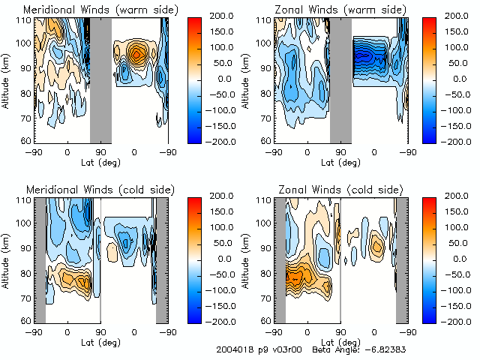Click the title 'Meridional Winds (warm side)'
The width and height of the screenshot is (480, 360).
[100, 10]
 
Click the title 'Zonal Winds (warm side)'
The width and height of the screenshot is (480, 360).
[340, 10]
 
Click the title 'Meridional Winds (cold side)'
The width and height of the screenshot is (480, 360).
[99, 189]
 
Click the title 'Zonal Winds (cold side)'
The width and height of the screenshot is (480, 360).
[339, 189]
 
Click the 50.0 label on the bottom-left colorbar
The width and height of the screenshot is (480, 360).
[220, 241]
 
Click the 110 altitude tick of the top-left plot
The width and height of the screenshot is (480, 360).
[24, 20]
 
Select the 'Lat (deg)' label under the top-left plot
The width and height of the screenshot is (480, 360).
[100, 161]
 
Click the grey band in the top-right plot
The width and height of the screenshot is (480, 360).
[340, 79]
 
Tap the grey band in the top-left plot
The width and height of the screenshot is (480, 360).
[100, 79]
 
